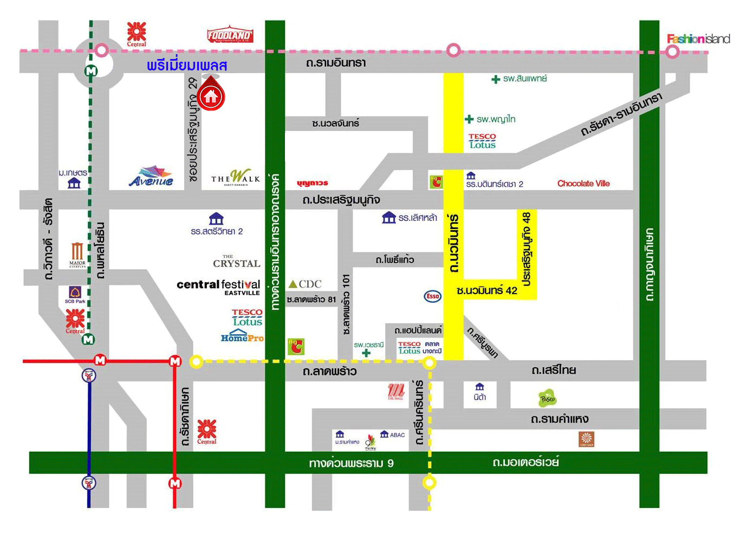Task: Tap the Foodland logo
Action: point(230,35)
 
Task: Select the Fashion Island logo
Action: point(698,38)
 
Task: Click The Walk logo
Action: point(236,178)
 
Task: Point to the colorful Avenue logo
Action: point(152,177)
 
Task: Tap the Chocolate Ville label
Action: point(583,184)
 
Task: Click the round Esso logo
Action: point(432,296)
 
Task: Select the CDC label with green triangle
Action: point(305,284)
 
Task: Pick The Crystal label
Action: point(236,262)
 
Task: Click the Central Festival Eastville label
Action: point(218,286)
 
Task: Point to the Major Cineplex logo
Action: point(77,255)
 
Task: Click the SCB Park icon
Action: point(75,295)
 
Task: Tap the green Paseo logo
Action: point(547,399)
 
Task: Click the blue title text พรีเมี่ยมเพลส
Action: point(187,66)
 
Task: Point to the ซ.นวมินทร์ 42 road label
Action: point(486,290)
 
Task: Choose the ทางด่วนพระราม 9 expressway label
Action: point(351,463)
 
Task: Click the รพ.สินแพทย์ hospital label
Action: point(519,79)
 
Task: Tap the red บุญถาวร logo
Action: point(313,183)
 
